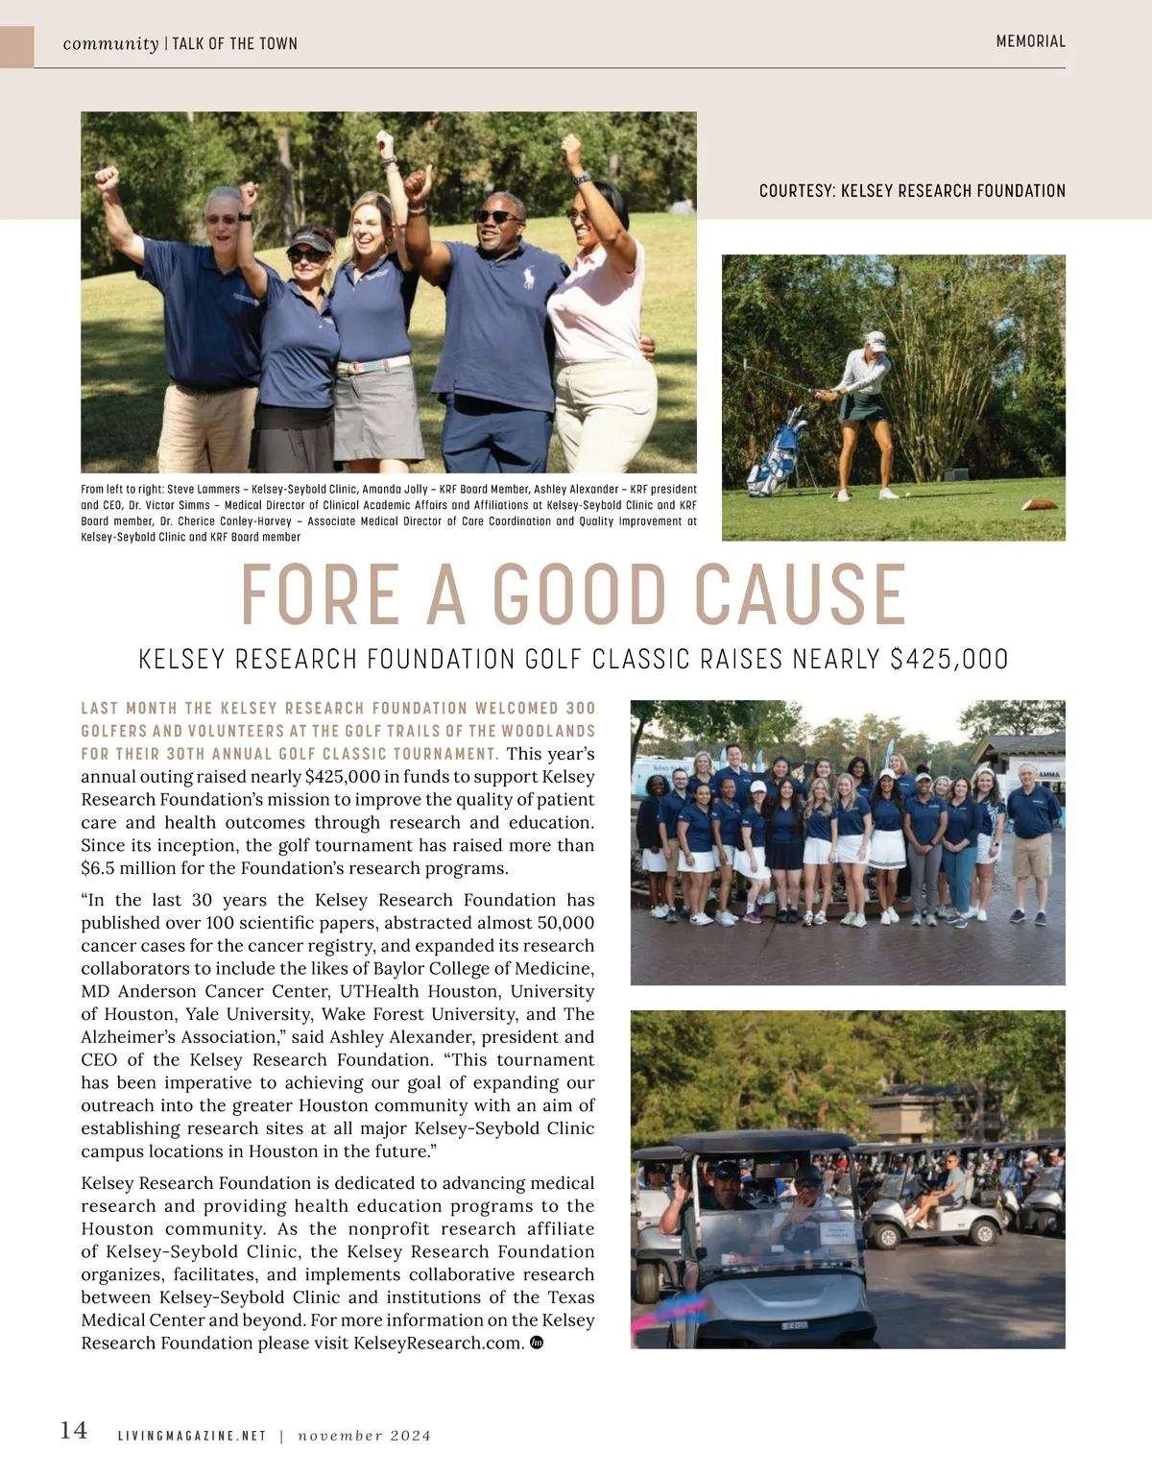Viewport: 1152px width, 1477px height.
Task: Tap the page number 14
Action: pos(74,1430)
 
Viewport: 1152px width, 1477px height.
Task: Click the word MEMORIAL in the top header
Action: pos(1030,41)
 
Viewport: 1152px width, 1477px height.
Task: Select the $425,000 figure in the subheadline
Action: pos(948,660)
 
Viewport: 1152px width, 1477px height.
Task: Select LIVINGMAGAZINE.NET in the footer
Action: pos(191,1436)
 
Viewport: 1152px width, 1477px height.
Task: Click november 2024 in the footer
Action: pos(364,1436)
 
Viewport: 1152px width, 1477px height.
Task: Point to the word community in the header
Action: pos(110,43)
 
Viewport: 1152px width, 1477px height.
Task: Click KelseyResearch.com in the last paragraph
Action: pos(438,1343)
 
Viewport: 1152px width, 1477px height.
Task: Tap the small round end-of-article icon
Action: pos(537,1343)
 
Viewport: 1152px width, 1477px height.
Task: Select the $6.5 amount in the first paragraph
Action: pos(96,868)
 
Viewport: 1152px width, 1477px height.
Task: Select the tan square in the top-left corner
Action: pos(16,46)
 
